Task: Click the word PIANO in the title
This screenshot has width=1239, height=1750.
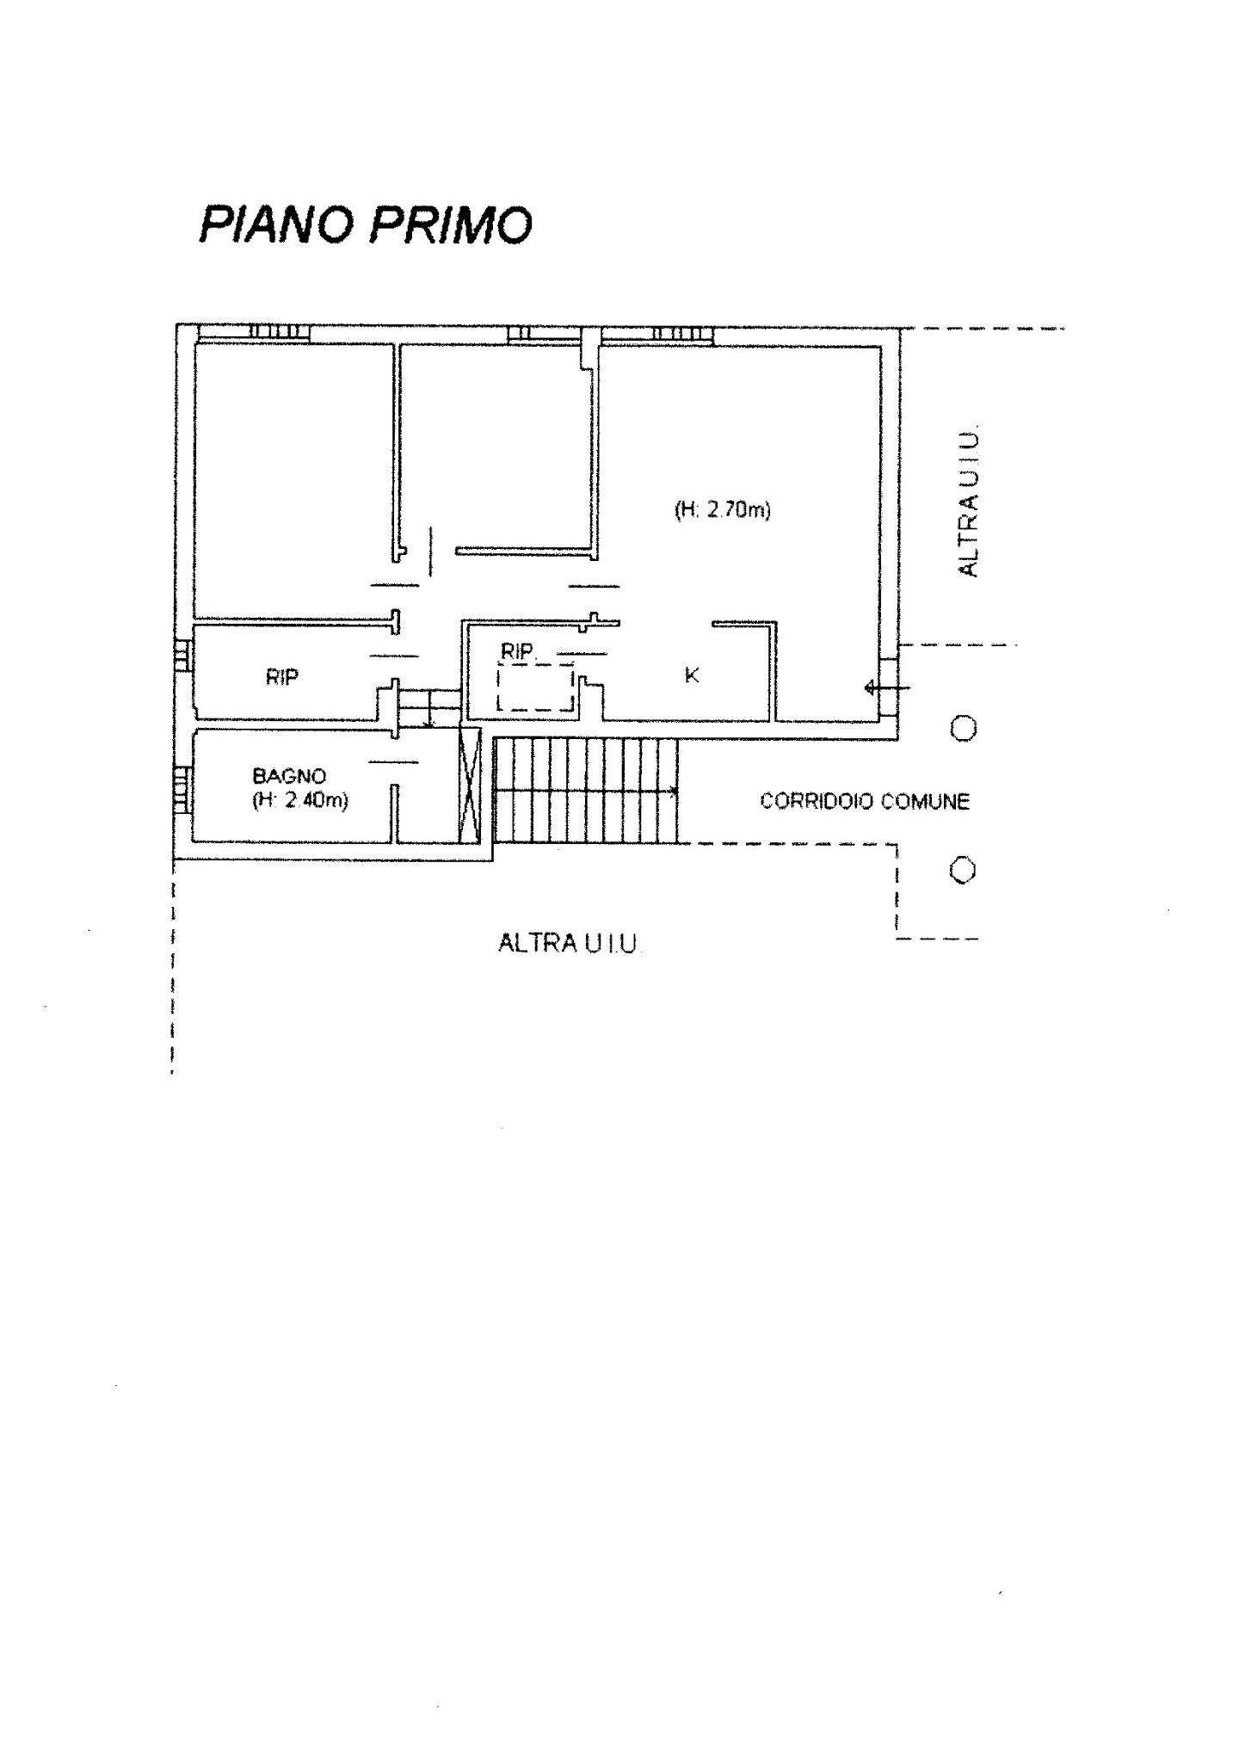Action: pyautogui.click(x=276, y=225)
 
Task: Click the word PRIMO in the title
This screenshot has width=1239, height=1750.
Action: pyautogui.click(x=452, y=225)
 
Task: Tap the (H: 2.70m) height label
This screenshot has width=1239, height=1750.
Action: pyautogui.click(x=723, y=510)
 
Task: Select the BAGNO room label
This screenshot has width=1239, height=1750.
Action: pyautogui.click(x=289, y=776)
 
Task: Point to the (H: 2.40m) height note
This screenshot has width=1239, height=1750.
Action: pyautogui.click(x=300, y=800)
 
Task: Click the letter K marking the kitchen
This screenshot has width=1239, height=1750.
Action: pyautogui.click(x=691, y=676)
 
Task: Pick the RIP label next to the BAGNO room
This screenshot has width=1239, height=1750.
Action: pyautogui.click(x=282, y=677)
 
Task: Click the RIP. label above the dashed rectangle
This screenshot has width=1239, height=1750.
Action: pyautogui.click(x=519, y=652)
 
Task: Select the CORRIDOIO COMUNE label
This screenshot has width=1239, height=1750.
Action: pyautogui.click(x=865, y=802)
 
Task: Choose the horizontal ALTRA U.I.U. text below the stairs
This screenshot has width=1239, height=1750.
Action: pyautogui.click(x=568, y=944)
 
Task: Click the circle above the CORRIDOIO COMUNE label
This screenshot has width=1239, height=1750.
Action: pyautogui.click(x=964, y=730)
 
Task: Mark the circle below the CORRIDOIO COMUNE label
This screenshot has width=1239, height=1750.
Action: pyautogui.click(x=964, y=871)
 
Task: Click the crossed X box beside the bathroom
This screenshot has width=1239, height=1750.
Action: pyautogui.click(x=471, y=783)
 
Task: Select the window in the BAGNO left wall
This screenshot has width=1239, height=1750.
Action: pyautogui.click(x=182, y=789)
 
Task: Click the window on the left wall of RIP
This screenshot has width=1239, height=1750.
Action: pyautogui.click(x=182, y=656)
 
